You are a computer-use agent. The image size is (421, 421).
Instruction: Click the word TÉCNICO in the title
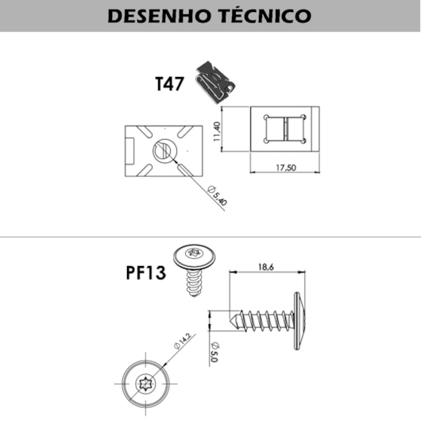coord(266,15)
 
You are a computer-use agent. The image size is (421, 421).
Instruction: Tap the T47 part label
coord(170,83)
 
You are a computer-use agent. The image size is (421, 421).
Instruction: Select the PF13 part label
coord(146,272)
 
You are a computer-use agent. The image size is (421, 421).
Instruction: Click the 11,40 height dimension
coord(217,132)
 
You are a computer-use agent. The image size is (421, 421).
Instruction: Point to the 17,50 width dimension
coord(286,168)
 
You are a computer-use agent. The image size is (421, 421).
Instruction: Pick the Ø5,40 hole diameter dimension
coord(218,195)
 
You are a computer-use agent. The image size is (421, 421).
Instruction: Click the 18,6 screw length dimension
coord(266,267)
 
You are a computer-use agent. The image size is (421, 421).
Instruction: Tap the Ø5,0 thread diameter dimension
coord(214,352)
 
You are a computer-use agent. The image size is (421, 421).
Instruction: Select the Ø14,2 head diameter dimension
coord(183,341)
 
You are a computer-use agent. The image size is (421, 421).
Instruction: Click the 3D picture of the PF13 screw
coord(194,270)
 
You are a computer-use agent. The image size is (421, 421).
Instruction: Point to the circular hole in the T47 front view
coord(165,151)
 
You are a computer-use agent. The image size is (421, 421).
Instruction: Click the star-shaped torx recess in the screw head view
coord(146,384)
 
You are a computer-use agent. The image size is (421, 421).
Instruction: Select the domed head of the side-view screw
coord(299,321)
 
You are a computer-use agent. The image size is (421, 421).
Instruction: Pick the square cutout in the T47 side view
coord(285,129)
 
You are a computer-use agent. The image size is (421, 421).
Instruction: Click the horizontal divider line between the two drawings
coord(210,237)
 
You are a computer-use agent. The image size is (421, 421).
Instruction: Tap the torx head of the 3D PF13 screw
coord(194,257)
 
